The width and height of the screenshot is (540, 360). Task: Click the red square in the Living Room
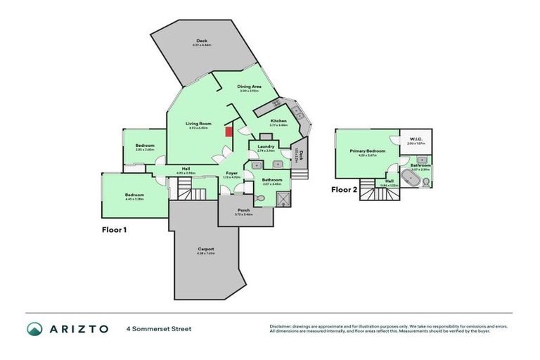(x=228, y=131)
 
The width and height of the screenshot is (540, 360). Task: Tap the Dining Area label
(x=250, y=86)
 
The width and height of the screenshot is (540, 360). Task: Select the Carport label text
(x=205, y=249)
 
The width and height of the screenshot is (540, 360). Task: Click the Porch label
(x=243, y=210)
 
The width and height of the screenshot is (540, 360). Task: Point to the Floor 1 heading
(x=115, y=229)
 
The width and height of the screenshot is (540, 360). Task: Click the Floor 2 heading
(x=345, y=189)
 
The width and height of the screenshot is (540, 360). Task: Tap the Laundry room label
(x=265, y=146)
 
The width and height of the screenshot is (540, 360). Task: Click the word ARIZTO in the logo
(x=78, y=328)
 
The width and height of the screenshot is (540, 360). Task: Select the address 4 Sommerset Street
(x=158, y=328)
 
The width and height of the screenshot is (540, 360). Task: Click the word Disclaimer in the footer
(x=282, y=326)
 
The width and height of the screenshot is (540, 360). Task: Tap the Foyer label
(x=231, y=173)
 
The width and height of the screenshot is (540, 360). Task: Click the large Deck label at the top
(x=202, y=41)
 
